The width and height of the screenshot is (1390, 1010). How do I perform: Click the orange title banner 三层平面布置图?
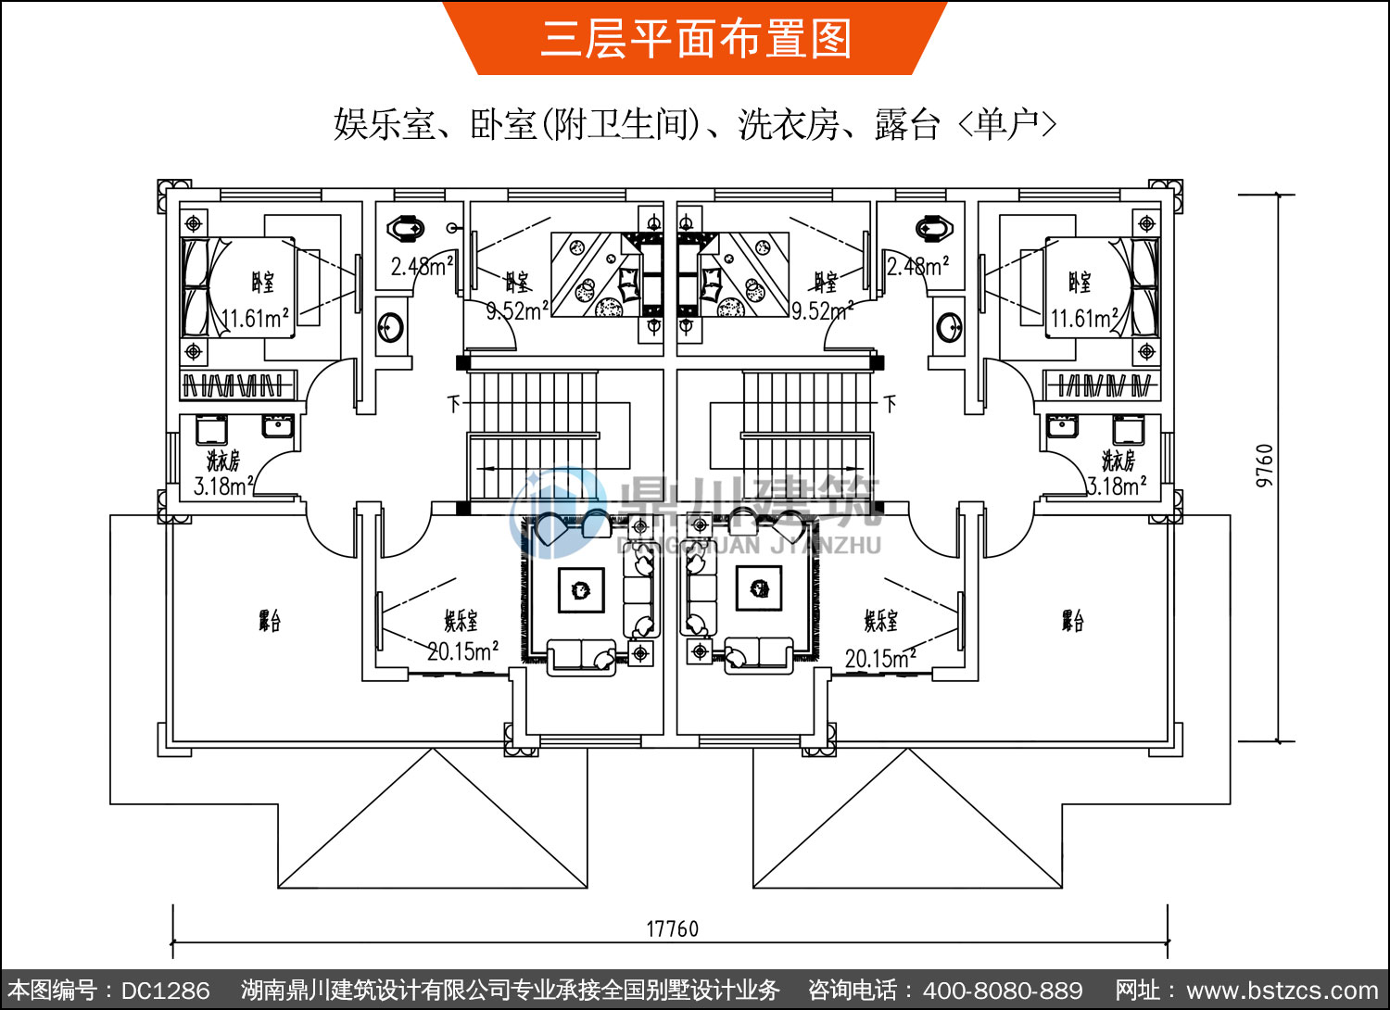coord(695,39)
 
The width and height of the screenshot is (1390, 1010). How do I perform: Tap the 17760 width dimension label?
coord(672,928)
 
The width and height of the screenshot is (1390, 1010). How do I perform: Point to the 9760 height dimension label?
coord(1265,465)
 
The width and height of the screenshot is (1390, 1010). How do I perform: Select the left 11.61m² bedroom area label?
coord(256,319)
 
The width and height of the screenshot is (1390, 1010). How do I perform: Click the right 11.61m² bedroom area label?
coord(1084,319)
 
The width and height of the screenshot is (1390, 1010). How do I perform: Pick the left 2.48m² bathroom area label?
coord(422,267)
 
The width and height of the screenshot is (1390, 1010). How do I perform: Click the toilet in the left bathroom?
coord(405,227)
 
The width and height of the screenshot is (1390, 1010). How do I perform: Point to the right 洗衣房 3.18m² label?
coord(1118,473)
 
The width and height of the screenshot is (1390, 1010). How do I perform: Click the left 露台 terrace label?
coord(269,620)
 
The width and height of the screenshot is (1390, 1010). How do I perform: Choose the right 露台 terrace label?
coord(1072,620)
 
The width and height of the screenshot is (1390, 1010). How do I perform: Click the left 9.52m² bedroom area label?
coord(517,311)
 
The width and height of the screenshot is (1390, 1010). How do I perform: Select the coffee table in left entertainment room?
coord(581,589)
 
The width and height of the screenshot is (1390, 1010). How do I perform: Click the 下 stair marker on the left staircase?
coord(453,404)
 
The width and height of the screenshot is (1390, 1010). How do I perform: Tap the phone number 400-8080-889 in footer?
coord(1003,991)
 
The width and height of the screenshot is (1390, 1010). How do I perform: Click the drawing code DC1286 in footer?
coord(166,991)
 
